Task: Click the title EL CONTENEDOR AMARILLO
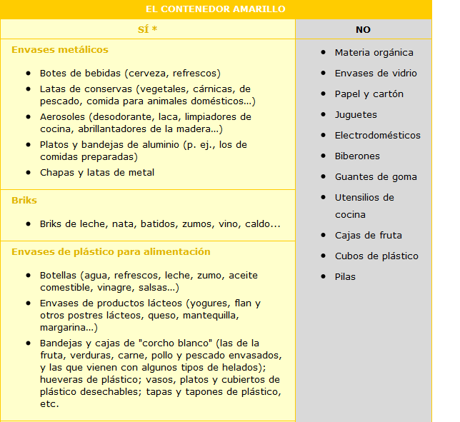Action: [215, 9]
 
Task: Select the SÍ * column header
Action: [148, 29]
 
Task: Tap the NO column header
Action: [363, 30]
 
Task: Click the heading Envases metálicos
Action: [60, 50]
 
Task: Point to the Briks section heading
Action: [24, 201]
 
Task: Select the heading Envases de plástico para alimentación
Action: [111, 252]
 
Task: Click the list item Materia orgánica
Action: [374, 53]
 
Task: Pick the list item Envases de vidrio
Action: [376, 74]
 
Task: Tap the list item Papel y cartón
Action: [369, 94]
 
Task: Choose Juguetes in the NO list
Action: [356, 115]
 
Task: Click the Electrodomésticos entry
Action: [377, 136]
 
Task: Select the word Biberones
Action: [357, 156]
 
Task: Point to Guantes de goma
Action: [376, 177]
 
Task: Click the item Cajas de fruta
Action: [368, 236]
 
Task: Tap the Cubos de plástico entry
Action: [376, 256]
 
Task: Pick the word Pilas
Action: [345, 277]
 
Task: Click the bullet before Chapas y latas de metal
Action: [28, 173]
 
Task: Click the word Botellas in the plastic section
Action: [59, 276]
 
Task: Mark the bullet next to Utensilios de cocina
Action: [324, 198]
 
